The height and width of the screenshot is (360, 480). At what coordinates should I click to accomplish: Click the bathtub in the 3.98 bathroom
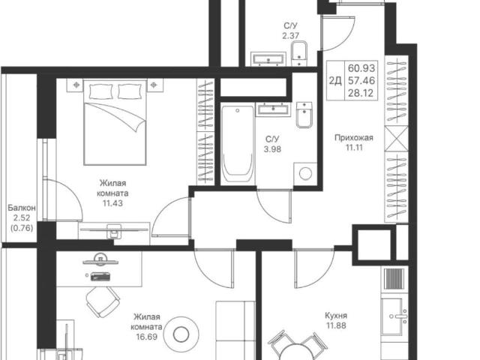238,145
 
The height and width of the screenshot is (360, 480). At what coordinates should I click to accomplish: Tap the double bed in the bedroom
115,122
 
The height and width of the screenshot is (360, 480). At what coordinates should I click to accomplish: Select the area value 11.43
112,203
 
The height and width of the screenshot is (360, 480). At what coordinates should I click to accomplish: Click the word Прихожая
354,138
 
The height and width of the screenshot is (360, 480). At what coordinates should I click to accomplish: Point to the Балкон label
22,208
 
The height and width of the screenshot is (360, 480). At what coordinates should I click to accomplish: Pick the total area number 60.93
361,67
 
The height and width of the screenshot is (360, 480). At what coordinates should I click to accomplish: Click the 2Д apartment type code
335,80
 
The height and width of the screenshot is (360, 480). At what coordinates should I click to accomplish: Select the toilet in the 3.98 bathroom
304,115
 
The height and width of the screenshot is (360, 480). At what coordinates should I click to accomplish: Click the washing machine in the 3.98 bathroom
305,174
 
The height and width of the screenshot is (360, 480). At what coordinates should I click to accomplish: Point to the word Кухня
336,316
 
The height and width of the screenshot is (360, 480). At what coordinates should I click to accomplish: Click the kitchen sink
394,316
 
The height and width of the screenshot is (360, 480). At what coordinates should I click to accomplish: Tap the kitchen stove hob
394,279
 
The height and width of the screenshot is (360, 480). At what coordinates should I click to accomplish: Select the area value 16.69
147,337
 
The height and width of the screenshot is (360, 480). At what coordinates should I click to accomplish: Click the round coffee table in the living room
181,334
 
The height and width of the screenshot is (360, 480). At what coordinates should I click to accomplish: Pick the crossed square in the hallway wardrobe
397,138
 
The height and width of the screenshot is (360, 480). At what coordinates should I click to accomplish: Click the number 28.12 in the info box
361,93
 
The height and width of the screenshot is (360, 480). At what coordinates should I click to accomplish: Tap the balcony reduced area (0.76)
22,228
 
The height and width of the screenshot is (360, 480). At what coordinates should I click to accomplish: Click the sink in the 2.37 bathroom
268,59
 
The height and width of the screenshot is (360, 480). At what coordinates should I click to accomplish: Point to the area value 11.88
336,325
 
